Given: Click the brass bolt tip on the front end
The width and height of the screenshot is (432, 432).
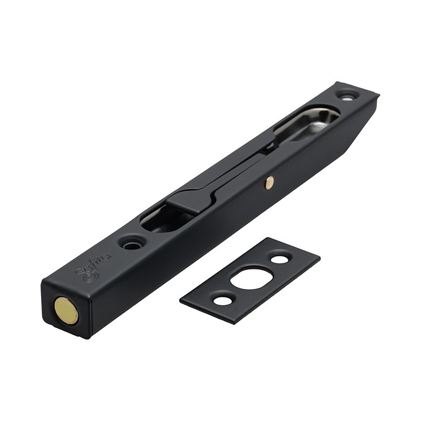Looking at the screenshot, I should coord(66,311).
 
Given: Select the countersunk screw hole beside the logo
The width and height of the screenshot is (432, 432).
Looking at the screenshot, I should coord(131,243).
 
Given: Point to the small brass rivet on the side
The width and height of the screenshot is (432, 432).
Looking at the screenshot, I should coord(269,183).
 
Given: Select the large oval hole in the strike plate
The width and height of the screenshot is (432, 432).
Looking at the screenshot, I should coord(251,278).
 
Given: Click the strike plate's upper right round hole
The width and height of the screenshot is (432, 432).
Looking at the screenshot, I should coord(279,259).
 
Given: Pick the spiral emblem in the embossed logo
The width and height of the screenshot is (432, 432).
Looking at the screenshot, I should coord(86,275).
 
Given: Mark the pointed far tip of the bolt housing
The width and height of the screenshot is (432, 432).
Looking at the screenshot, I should coord(378,97).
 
